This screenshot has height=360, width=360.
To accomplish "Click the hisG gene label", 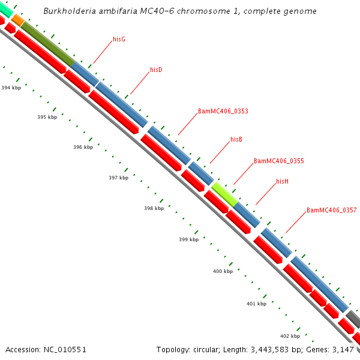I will pyautogui.click(x=119, y=39).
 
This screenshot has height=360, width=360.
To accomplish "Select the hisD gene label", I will pyautogui.click(x=156, y=70).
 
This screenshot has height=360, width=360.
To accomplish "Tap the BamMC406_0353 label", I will pyautogui.click(x=223, y=111).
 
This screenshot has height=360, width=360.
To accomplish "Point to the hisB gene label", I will pyautogui.click(x=236, y=139).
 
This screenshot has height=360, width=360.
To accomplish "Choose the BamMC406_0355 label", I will pyautogui.click(x=278, y=161).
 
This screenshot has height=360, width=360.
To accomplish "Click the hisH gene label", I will pyautogui.click(x=283, y=181).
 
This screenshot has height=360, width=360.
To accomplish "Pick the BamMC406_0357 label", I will pyautogui.click(x=331, y=210).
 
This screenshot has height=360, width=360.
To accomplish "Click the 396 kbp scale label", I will pyautogui.click(x=83, y=147).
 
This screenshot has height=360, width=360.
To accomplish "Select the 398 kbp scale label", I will pyautogui.click(x=154, y=209).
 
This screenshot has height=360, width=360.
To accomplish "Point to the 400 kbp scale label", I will pyautogui.click(x=223, y=272).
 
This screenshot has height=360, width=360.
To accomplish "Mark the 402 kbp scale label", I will pyautogui.click(x=290, y=336).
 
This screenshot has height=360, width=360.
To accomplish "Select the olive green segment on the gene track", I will pyautogui.click(x=47, y=43).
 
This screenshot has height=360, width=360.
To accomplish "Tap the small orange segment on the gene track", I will pyautogui.click(x=18, y=20).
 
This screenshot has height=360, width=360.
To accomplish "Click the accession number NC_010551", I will pyautogui.click(x=46, y=349).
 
